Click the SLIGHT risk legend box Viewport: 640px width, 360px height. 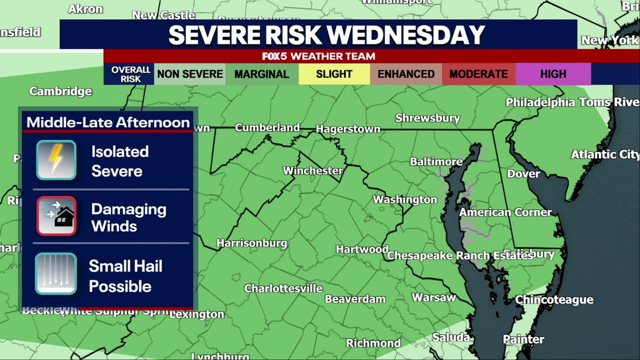[x=334, y=74]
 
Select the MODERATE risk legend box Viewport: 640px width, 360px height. [x=478, y=74]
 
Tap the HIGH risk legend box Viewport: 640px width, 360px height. [x=553, y=74]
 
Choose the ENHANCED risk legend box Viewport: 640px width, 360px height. [x=406, y=74]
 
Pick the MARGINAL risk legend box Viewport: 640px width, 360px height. [x=262, y=74]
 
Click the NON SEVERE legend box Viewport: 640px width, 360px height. [x=190, y=74]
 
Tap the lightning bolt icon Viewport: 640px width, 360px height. [x=56, y=160]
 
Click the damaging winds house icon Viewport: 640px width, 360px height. [x=56, y=216]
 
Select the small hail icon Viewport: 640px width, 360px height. [x=56, y=274]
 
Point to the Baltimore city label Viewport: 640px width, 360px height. [x=436, y=162]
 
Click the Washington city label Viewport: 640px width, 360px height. [x=405, y=199]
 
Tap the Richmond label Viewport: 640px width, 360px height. [x=373, y=343]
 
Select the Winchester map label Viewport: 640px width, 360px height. [x=312, y=171]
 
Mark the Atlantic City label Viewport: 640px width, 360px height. [x=605, y=155]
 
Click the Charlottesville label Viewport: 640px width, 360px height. [x=283, y=288]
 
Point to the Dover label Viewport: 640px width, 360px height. [x=523, y=174]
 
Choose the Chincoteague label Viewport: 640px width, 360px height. [x=554, y=299]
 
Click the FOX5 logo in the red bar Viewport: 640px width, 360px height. [x=274, y=56]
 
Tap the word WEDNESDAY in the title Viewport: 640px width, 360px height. [x=406, y=35]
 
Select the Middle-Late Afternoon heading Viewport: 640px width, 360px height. [x=108, y=122]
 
